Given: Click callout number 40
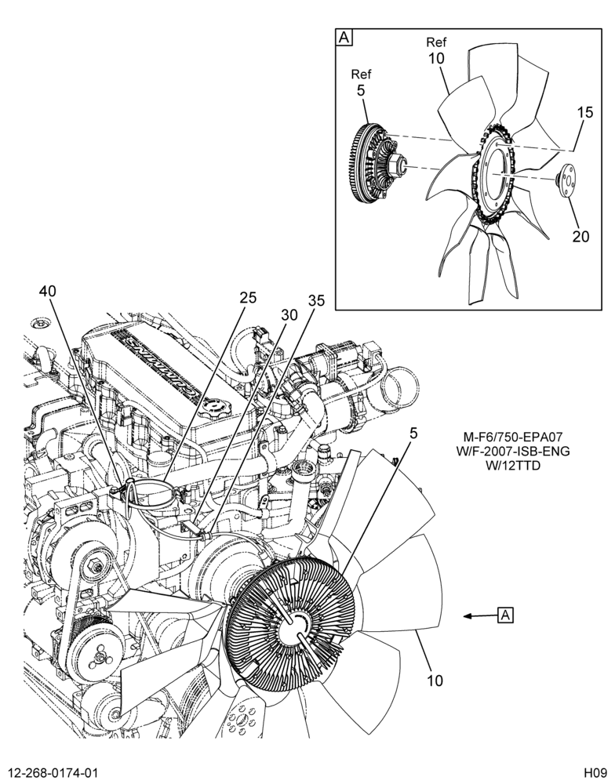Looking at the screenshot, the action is point(48,292).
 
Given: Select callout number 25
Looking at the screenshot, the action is point(248,298).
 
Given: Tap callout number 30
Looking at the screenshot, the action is point(289,314).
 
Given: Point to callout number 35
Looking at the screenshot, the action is point(316,301).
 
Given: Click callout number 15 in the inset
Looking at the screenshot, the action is point(584,112).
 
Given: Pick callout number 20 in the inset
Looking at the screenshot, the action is point(581,236).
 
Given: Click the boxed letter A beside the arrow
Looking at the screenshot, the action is point(506,615).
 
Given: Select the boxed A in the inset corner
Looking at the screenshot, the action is point(345,38).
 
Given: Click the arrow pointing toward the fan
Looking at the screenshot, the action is point(480,616).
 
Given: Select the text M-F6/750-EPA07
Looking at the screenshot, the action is point(513,438).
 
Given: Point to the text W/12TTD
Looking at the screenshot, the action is point(514,466).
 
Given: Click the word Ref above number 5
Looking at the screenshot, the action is point(362,75).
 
